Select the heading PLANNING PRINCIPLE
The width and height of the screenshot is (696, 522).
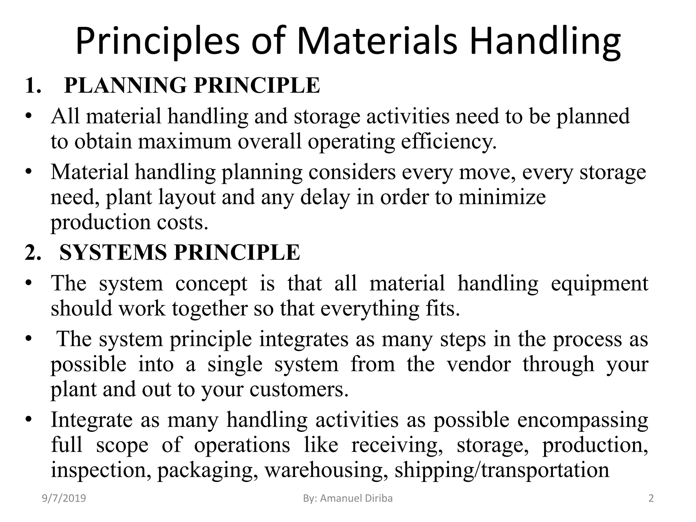[x=192, y=85]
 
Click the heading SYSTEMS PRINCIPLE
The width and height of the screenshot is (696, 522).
[x=179, y=253]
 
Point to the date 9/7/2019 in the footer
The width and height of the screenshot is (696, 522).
[x=64, y=499]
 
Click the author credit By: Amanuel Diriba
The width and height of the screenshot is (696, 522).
[x=348, y=499]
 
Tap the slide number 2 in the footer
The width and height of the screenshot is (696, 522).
[x=651, y=499]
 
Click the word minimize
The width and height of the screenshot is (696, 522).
[x=502, y=197]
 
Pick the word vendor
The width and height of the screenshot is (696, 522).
[x=478, y=364]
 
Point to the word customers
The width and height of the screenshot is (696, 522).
[x=299, y=389]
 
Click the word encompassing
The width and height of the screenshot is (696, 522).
[x=582, y=420]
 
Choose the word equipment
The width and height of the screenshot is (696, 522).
[x=599, y=283]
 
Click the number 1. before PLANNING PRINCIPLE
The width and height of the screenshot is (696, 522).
[x=33, y=85]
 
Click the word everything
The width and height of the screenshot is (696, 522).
[x=369, y=309]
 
